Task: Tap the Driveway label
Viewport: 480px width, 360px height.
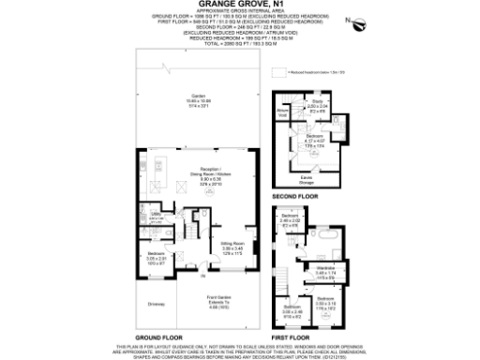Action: (156, 303)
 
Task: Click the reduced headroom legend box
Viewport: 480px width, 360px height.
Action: (277, 71)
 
